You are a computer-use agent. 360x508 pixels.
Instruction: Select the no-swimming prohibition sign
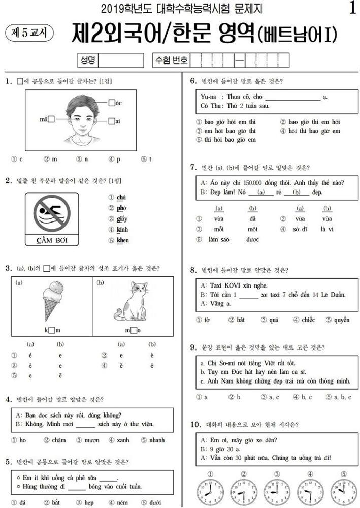50,214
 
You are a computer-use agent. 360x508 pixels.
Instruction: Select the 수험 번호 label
173,61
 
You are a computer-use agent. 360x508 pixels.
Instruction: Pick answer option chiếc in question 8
307,320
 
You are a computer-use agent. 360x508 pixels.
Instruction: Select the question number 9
193,347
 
